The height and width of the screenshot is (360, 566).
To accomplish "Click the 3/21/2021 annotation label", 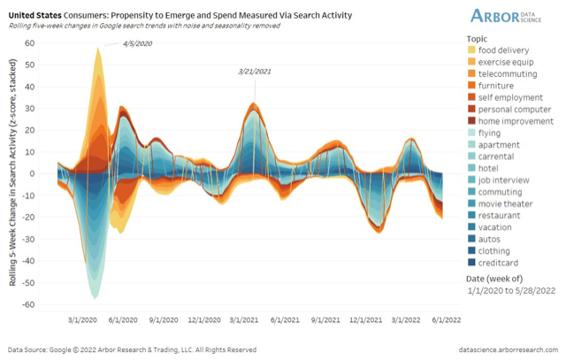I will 255,71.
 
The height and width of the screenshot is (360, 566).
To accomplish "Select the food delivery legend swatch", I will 470,50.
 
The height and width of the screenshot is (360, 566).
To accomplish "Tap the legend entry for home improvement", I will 516,121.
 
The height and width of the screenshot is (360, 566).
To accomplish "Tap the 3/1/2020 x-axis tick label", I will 82,320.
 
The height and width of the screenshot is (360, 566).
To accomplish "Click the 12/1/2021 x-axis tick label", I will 366,320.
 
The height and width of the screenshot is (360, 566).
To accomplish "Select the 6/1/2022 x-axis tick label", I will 446,320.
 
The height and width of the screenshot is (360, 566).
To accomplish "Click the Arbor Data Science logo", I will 512,16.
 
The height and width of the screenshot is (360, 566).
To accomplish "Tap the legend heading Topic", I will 478,39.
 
